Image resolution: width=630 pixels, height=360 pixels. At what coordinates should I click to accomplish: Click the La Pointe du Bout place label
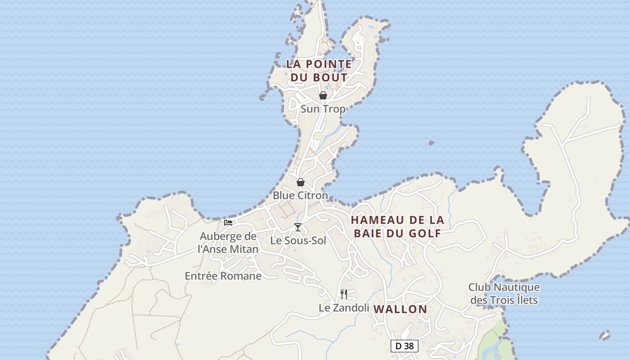[319, 71]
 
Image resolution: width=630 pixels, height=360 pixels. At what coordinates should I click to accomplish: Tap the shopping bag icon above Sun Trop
[323, 95]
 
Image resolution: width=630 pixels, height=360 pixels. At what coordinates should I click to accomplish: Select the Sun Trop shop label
[323, 109]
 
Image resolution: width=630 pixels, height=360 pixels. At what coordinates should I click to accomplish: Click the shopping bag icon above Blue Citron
[301, 182]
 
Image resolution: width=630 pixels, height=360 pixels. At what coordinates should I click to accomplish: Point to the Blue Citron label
[300, 196]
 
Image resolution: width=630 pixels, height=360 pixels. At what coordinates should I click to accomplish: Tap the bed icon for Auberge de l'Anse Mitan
[228, 222]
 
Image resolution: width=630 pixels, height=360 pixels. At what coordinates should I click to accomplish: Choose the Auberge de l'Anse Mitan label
[228, 243]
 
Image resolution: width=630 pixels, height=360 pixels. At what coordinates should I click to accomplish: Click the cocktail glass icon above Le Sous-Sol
[297, 227]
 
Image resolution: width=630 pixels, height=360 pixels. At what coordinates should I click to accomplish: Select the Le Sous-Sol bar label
[298, 241]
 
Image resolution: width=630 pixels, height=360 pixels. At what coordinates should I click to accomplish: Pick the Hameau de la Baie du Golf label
[397, 226]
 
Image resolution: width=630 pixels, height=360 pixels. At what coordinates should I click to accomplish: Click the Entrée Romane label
[223, 276]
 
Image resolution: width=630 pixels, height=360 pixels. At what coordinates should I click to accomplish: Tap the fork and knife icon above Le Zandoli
[344, 294]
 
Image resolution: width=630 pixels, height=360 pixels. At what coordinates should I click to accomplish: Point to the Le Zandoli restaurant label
[344, 308]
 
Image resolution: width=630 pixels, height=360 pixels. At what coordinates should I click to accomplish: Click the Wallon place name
[400, 309]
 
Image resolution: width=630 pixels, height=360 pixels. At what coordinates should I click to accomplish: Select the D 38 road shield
[404, 346]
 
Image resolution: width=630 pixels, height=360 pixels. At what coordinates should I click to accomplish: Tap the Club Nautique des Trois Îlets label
[504, 293]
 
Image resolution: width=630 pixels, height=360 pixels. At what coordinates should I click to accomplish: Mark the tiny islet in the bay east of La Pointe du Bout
[431, 143]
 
